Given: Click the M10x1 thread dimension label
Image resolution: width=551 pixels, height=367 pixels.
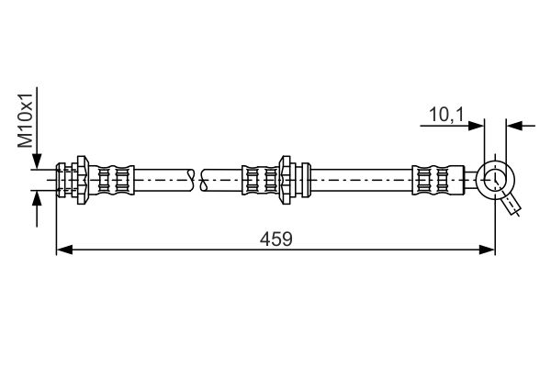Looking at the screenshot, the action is [x=26, y=121].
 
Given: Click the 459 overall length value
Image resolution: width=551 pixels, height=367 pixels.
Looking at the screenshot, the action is [x=275, y=239].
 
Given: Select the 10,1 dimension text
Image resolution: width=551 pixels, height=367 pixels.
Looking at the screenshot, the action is [x=446, y=115].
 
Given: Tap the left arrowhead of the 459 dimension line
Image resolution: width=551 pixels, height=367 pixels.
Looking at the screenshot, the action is [x=64, y=250].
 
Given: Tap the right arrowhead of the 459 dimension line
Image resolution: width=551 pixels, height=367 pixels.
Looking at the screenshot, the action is [x=487, y=250].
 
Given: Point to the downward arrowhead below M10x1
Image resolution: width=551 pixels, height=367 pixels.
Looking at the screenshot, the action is [x=37, y=161].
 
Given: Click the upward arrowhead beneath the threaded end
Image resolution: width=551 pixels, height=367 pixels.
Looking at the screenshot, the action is [x=37, y=199].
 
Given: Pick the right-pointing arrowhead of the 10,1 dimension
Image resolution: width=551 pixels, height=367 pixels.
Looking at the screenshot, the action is [x=476, y=126].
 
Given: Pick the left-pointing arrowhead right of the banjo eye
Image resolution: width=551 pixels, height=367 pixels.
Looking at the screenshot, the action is [x=514, y=126].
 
